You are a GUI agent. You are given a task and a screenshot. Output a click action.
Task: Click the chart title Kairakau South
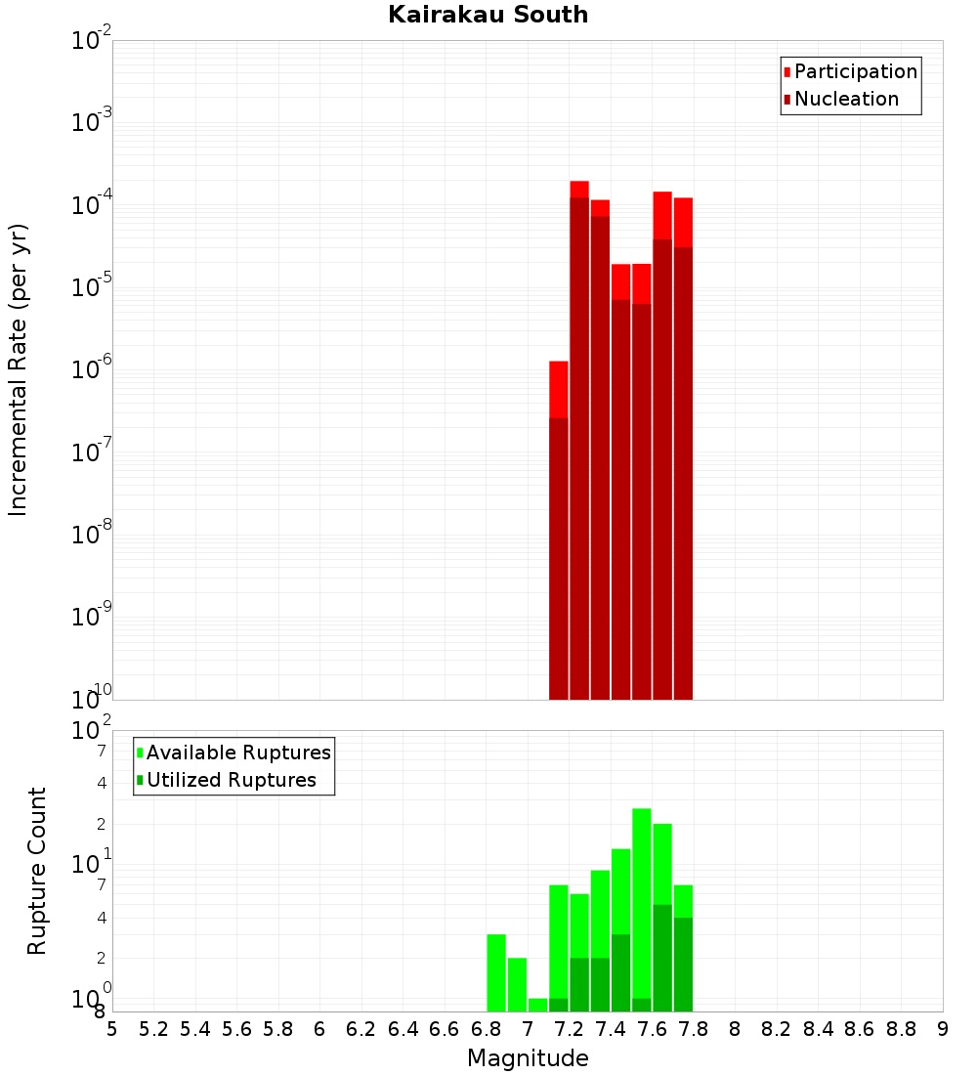pyautogui.click(x=488, y=15)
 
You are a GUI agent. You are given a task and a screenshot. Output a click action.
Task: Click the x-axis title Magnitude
pyautogui.click(x=528, y=1058)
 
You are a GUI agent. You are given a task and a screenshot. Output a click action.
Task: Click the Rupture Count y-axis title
pyautogui.click(x=37, y=871)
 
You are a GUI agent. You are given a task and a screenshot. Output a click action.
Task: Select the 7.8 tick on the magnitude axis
pyautogui.click(x=735, y=1029)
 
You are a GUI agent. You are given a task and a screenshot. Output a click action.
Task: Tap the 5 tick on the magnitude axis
pyautogui.click(x=112, y=1029)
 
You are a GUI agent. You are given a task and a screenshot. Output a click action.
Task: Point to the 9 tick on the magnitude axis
pyautogui.click(x=943, y=1029)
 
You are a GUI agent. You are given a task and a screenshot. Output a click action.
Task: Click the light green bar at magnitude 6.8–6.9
pyautogui.click(x=496, y=972)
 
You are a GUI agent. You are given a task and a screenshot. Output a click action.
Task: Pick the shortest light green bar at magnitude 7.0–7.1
pyautogui.click(x=537, y=1005)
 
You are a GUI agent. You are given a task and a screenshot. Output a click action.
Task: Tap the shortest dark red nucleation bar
pyautogui.click(x=559, y=558)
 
